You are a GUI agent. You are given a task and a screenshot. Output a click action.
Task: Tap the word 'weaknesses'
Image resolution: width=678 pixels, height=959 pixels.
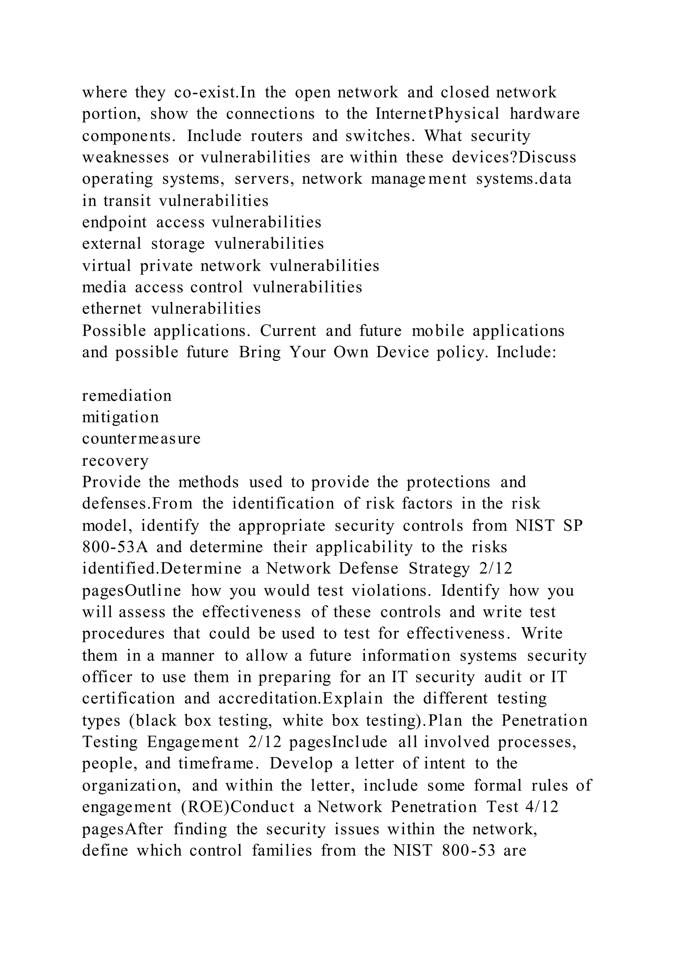point(126,158)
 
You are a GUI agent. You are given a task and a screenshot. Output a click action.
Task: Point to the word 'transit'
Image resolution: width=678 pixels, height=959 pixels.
point(127,201)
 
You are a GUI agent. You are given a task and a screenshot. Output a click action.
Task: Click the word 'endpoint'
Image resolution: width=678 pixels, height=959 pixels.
point(115,222)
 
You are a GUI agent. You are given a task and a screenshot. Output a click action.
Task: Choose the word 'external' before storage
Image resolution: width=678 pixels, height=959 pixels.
point(112,244)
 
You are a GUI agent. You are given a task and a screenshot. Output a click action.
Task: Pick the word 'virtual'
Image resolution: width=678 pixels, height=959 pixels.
point(107,266)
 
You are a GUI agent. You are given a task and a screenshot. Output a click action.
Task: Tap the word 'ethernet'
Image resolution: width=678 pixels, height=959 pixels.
point(112,309)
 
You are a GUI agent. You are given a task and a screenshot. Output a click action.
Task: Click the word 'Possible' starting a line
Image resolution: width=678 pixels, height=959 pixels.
point(114,331)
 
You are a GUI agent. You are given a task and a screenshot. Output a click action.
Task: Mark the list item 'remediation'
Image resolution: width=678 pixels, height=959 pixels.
point(127,395)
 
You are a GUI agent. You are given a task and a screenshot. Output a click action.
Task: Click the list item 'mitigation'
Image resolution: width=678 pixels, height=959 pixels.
point(121,417)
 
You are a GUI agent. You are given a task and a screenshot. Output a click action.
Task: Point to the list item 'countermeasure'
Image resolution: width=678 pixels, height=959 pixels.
point(141,438)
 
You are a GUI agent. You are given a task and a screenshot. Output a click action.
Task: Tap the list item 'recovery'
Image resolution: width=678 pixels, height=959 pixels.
point(115,461)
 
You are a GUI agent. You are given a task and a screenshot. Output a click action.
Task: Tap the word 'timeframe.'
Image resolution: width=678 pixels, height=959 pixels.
point(217,764)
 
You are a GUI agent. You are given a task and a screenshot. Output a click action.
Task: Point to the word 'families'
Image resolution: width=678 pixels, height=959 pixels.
point(282,850)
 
